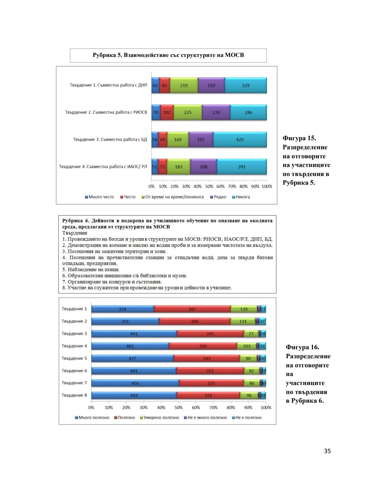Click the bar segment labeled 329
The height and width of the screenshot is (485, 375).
point(245,85)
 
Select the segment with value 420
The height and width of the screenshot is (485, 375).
point(240,140)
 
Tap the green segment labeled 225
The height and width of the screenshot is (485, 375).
point(187,112)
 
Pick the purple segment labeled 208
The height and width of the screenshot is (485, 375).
point(203,167)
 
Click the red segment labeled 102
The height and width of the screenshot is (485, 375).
point(167,112)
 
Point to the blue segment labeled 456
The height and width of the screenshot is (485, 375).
point(135,383)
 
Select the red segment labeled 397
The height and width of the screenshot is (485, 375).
point(192,309)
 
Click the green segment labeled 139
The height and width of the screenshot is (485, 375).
point(244,309)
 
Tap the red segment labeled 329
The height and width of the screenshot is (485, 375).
point(208,395)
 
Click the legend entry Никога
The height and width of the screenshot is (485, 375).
point(243,197)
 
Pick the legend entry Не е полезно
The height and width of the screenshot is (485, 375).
point(248,417)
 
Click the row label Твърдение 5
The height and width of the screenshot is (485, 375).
point(74,358)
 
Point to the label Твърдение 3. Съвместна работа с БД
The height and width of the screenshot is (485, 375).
point(110,140)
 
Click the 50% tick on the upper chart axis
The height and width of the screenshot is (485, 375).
point(209,186)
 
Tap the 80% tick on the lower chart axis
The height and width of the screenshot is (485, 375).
point(231,408)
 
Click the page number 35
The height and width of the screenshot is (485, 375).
point(327,451)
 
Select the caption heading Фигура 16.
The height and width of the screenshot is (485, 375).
point(302,347)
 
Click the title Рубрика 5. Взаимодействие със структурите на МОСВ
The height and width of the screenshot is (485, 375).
point(168,55)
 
